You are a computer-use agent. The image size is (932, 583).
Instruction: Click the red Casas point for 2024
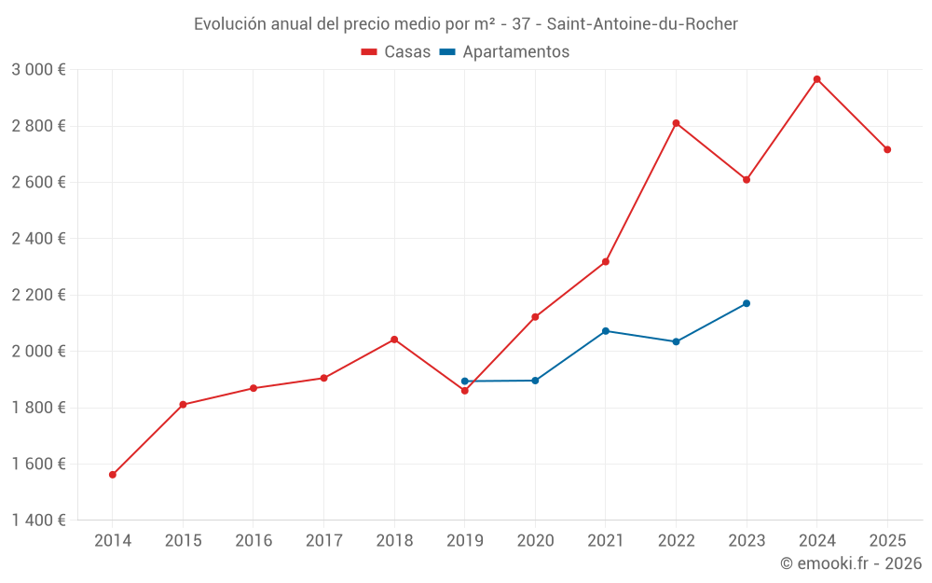coord(816,79)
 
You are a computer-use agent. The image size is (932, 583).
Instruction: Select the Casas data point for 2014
coord(113,475)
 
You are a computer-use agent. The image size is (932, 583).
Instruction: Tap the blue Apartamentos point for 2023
coord(747,303)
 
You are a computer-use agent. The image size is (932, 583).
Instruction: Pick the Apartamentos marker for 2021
coord(606,331)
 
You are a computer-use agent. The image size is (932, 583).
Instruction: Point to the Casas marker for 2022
coord(676,123)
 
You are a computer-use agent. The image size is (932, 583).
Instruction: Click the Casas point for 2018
coord(394,340)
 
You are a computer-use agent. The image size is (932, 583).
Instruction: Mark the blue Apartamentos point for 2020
coord(535,381)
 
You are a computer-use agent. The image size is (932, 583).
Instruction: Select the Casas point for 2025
coord(887,149)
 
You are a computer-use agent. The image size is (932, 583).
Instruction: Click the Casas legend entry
coord(396,52)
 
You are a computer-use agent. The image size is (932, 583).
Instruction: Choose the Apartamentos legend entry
coord(504,52)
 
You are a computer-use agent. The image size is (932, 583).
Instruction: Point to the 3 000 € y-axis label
coord(38,70)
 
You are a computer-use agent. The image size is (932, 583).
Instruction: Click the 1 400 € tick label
coord(38,521)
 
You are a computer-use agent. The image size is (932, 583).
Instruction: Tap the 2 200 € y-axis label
coord(38,295)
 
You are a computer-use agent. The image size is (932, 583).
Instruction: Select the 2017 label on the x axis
coord(323,541)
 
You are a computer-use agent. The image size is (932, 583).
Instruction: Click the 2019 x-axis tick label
coord(464,541)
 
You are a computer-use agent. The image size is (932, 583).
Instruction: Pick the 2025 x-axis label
coord(887,541)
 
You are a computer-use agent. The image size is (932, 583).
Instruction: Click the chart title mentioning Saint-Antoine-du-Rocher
coord(466,24)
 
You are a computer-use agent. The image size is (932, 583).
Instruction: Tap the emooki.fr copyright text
coord(850,563)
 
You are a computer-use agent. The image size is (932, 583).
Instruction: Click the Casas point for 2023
coord(747,179)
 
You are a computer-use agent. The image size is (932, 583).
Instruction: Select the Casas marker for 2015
coord(183,405)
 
